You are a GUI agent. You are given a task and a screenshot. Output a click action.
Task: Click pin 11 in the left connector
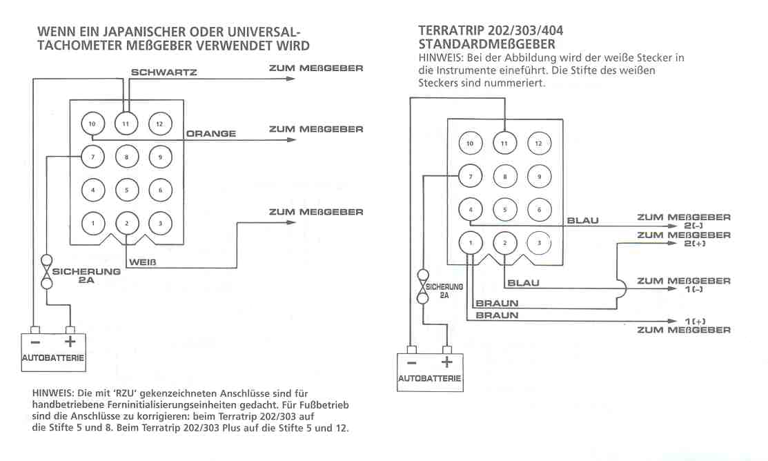pyautogui.click(x=126, y=124)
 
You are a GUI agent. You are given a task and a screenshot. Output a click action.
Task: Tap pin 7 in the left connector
pyautogui.click(x=92, y=157)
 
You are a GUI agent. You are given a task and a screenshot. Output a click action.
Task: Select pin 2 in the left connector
pyautogui.click(x=126, y=223)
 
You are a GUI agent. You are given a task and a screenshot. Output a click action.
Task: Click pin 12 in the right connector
pyautogui.click(x=539, y=144)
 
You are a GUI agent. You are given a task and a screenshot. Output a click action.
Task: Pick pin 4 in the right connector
pyautogui.click(x=470, y=210)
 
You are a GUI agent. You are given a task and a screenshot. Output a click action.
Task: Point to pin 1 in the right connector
pyautogui.click(x=470, y=243)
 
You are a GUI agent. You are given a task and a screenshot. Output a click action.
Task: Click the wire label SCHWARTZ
pyautogui.click(x=164, y=72)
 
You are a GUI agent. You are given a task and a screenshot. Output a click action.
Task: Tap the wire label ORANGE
pyautogui.click(x=211, y=134)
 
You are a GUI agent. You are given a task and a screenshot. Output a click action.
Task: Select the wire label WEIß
pyautogui.click(x=143, y=262)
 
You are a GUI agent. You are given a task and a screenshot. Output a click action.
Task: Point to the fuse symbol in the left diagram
pyautogui.click(x=47, y=273)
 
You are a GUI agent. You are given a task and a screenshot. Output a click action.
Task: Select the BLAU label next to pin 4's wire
pyautogui.click(x=582, y=221)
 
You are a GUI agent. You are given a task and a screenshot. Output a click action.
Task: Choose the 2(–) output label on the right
pyautogui.click(x=697, y=226)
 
